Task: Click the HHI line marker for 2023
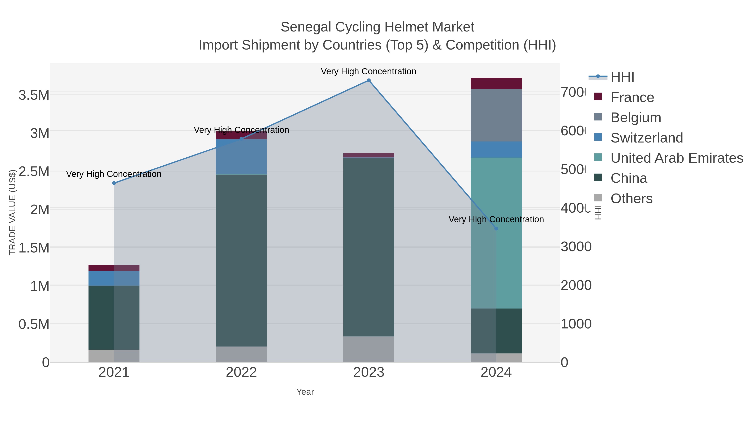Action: click(369, 80)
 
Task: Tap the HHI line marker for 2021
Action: click(114, 183)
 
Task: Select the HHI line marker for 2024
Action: click(496, 229)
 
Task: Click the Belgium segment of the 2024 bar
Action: click(496, 115)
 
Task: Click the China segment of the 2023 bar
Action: click(369, 247)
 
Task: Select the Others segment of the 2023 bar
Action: click(369, 349)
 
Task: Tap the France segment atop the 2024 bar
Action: click(496, 83)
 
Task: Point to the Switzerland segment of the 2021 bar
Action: click(114, 278)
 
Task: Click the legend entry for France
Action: click(632, 97)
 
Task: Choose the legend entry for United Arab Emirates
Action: click(676, 158)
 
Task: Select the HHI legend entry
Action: click(622, 77)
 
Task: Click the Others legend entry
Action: click(631, 199)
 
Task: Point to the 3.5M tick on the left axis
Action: click(34, 95)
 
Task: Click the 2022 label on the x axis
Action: click(241, 373)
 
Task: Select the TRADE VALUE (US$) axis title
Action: click(12, 212)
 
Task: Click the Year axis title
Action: click(305, 392)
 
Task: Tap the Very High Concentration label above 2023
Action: click(368, 71)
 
